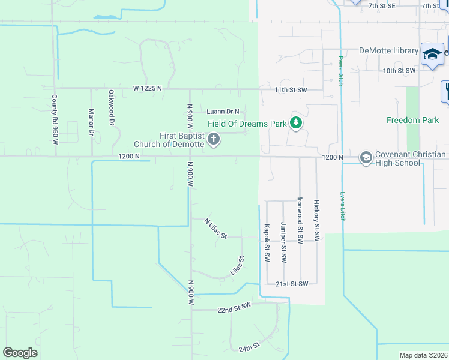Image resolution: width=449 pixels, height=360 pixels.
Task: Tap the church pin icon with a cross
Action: [x=214, y=140]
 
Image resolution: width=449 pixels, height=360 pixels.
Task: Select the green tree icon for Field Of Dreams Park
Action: [x=295, y=123]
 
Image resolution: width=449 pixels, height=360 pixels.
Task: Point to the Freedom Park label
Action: [x=412, y=120]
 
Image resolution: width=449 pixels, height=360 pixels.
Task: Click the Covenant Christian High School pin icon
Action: [x=366, y=158]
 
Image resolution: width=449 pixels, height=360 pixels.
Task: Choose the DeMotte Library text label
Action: [x=388, y=50]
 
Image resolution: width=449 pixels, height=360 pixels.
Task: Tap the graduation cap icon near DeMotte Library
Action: [x=432, y=55]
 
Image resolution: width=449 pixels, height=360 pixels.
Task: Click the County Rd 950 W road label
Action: [x=54, y=120]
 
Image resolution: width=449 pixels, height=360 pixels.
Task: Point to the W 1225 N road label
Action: [x=148, y=88]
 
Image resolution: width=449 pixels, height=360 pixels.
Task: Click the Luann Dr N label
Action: [x=223, y=111]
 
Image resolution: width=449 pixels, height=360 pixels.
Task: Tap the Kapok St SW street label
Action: [x=267, y=242]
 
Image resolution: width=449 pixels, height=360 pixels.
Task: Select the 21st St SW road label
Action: [x=292, y=283]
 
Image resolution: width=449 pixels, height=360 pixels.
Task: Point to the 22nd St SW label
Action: [x=234, y=306]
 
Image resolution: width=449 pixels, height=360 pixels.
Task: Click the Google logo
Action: [x=20, y=353]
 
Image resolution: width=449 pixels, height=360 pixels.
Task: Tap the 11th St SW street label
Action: [x=291, y=89]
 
